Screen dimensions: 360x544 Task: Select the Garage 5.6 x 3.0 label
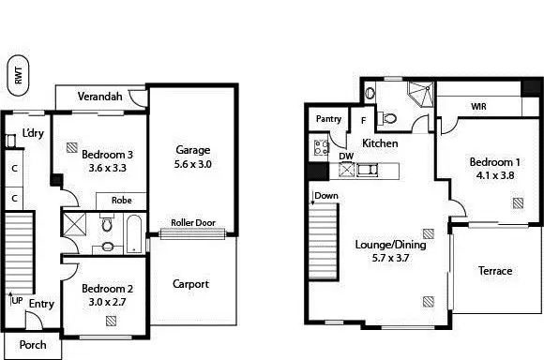pyautogui.click(x=192, y=149)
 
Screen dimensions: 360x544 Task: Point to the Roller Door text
pyautogui.click(x=192, y=223)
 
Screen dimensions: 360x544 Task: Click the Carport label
pyautogui.click(x=190, y=284)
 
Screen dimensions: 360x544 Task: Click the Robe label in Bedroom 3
pyautogui.click(x=121, y=200)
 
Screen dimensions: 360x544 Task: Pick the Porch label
pyautogui.click(x=33, y=345)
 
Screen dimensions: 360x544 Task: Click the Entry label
pyautogui.click(x=40, y=304)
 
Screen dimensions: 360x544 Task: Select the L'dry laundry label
pyautogui.click(x=33, y=133)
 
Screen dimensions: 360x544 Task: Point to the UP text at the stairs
pyautogui.click(x=17, y=301)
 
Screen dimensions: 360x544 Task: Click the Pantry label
pyautogui.click(x=328, y=119)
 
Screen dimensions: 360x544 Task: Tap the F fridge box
pyautogui.click(x=364, y=121)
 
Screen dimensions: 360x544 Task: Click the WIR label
pyautogui.click(x=478, y=107)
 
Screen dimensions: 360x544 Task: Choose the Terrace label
pyautogui.click(x=495, y=271)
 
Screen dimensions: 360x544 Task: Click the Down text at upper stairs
pyautogui.click(x=326, y=196)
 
